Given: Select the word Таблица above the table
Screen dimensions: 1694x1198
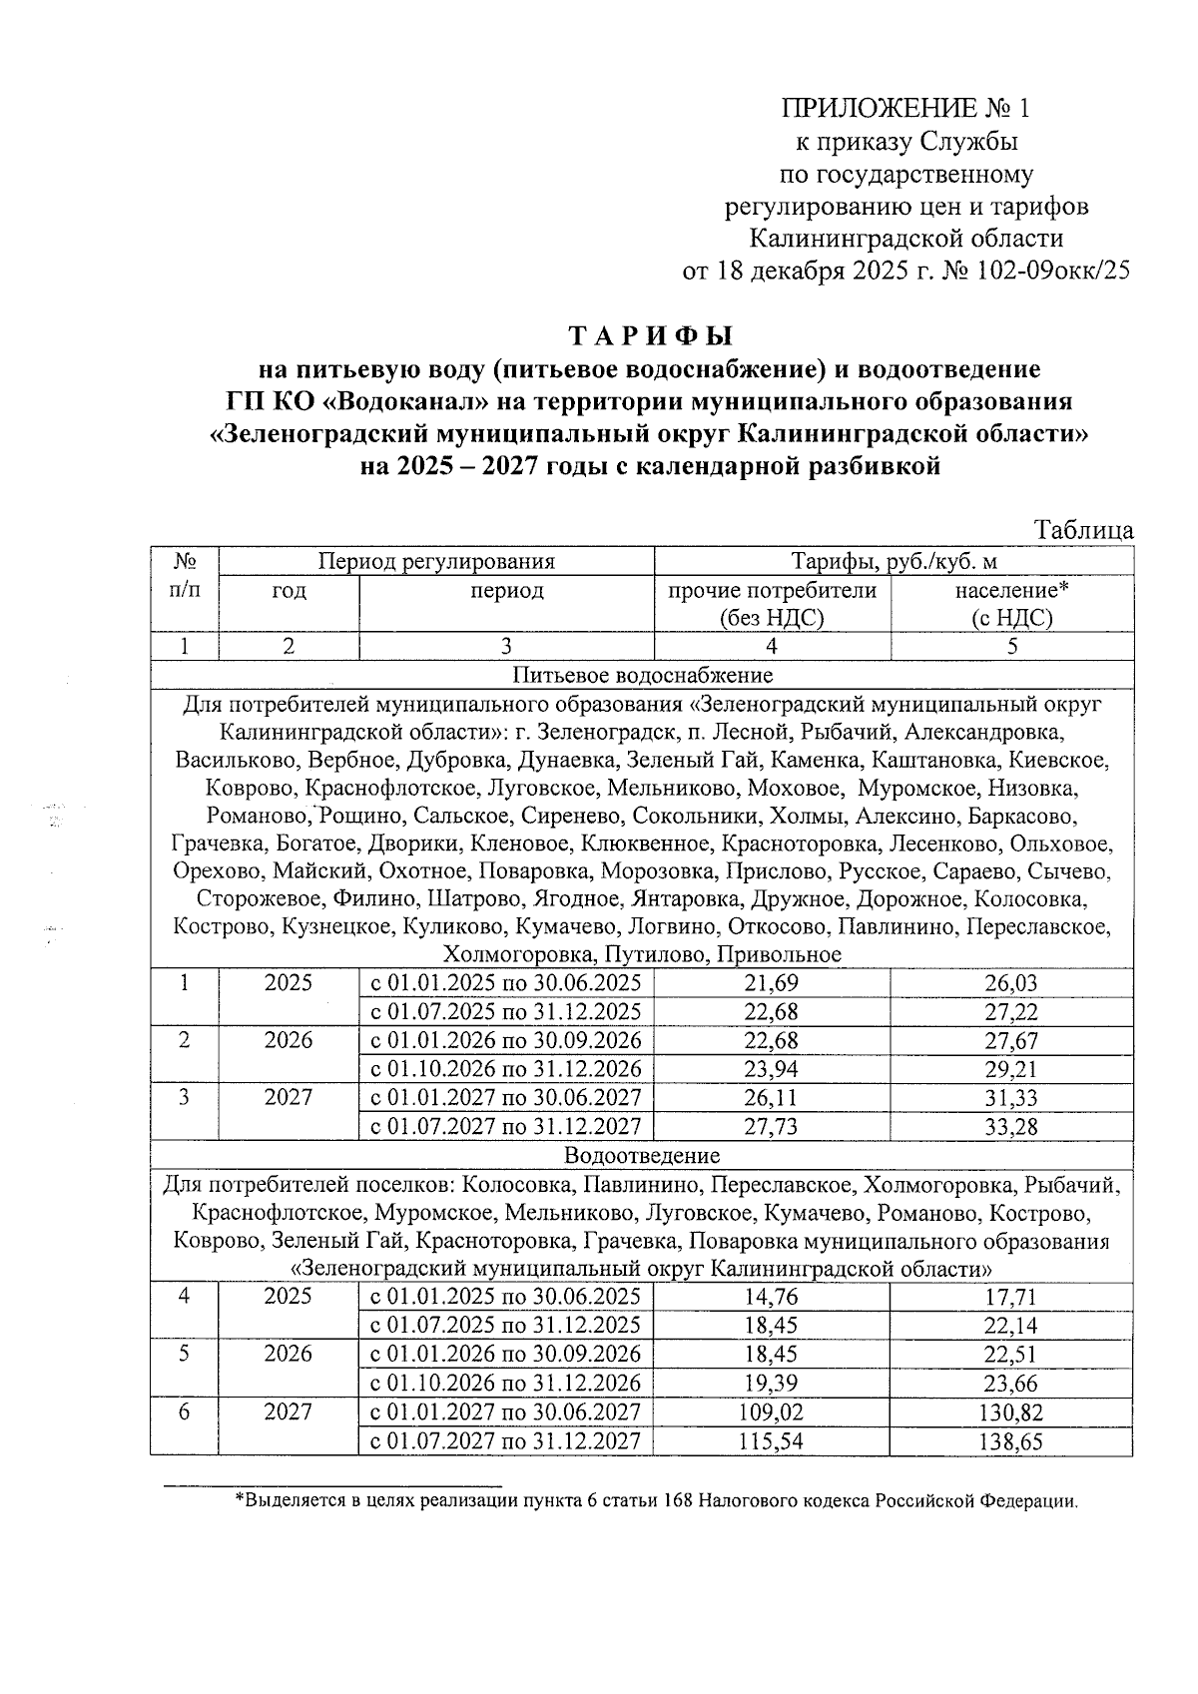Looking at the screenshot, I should pyautogui.click(x=1083, y=530).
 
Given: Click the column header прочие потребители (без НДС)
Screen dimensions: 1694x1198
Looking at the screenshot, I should pyautogui.click(x=772, y=604).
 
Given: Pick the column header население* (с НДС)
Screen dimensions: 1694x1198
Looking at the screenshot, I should pyautogui.click(x=1011, y=604).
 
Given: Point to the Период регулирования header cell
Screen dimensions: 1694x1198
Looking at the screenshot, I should pyautogui.click(x=436, y=561).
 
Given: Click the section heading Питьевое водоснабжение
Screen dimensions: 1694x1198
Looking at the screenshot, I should pyautogui.click(x=642, y=676).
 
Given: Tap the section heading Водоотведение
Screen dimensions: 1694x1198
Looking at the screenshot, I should pyautogui.click(x=642, y=1156).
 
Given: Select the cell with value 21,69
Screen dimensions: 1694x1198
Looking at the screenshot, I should pyautogui.click(x=772, y=983).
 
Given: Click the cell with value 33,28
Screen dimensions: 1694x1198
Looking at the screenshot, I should pyautogui.click(x=1011, y=1128).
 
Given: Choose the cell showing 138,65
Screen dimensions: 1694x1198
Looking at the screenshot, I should pyautogui.click(x=1011, y=1441).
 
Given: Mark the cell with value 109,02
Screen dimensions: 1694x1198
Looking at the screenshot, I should pyautogui.click(x=772, y=1412).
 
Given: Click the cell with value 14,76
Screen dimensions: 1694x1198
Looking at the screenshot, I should pyautogui.click(x=772, y=1297).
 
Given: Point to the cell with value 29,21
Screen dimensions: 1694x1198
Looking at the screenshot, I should pyautogui.click(x=1011, y=1070).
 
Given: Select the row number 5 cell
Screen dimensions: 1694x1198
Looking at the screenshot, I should pyautogui.click(x=185, y=1355).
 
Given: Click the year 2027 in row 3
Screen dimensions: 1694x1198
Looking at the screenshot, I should pyautogui.click(x=289, y=1098).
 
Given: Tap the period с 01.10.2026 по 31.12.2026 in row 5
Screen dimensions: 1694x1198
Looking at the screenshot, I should pyautogui.click(x=506, y=1384).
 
